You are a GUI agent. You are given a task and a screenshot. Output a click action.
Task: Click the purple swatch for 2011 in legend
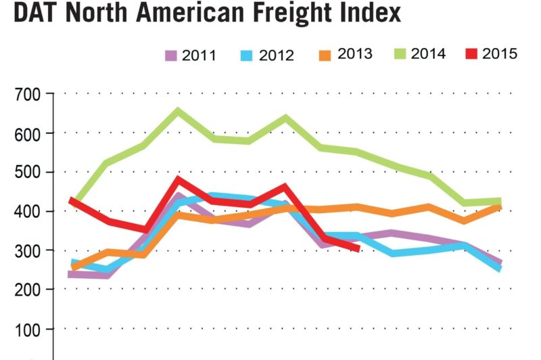click(x=171, y=54)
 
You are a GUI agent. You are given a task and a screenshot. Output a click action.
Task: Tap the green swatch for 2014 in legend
click(x=400, y=53)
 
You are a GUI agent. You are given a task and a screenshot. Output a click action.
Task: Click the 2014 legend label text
click(x=427, y=54)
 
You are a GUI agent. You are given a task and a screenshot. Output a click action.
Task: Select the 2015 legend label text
click(x=500, y=54)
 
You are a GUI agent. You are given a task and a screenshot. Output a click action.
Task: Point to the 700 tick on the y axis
click(x=28, y=95)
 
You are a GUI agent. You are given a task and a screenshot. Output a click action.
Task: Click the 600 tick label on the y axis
click(x=28, y=133)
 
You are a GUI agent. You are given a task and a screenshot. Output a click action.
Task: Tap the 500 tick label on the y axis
click(x=28, y=173)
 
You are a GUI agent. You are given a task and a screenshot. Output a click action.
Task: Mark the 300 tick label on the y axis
click(x=28, y=251)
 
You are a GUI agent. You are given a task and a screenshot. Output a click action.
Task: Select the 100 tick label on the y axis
click(x=28, y=330)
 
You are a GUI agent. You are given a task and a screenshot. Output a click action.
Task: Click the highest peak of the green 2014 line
click(x=179, y=110)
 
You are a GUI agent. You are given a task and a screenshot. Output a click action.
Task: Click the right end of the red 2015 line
click(x=357, y=248)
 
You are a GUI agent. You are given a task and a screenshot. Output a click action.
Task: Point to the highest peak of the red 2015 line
click(x=179, y=180)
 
